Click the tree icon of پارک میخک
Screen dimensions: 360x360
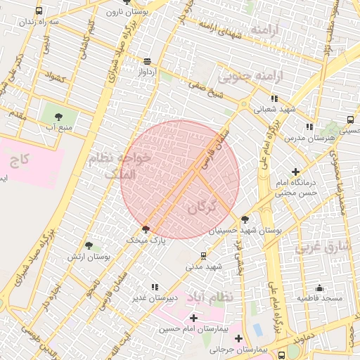point(146,229)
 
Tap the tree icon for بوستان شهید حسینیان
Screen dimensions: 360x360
point(245,219)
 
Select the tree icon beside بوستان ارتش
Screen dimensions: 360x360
point(89,245)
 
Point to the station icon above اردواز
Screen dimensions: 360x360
point(146,61)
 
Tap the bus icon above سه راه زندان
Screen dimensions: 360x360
point(38,11)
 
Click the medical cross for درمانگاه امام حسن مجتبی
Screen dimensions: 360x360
point(295,172)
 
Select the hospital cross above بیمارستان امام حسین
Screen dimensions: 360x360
point(194,319)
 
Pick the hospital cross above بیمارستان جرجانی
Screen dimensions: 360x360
point(238,338)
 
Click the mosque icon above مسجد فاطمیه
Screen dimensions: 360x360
point(319,288)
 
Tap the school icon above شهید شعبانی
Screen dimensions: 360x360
point(274,99)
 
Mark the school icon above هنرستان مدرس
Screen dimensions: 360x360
point(309,127)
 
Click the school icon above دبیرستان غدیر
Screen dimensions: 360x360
point(155,287)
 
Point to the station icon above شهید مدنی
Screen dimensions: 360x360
point(204,256)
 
